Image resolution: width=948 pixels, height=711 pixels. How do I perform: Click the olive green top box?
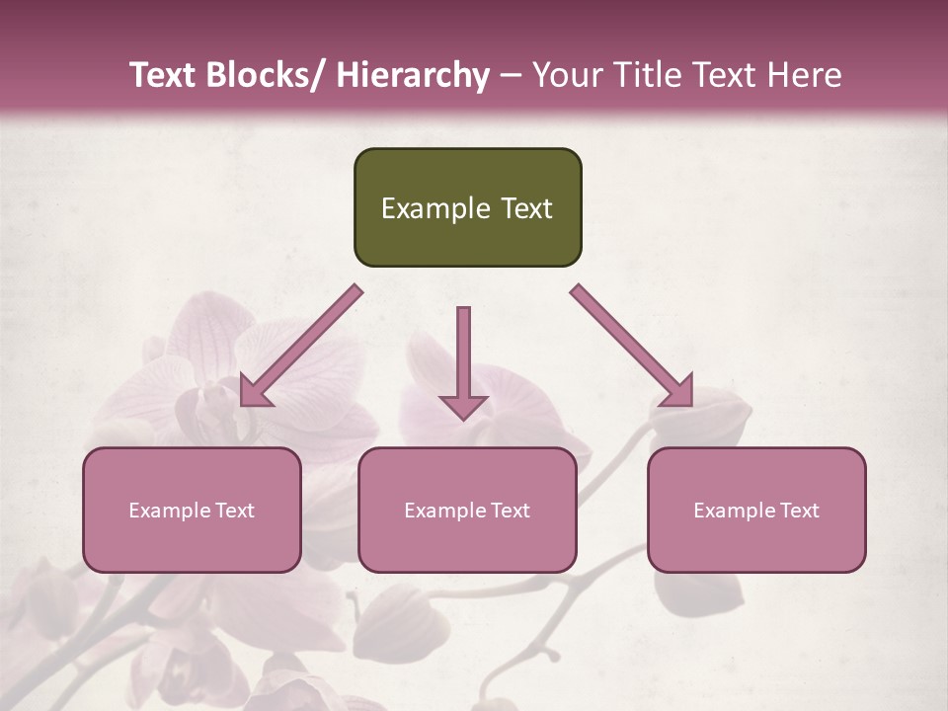click(467, 207)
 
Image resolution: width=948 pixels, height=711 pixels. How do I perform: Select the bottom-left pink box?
click(192, 510)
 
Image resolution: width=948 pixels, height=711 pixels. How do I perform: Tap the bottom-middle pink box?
click(467, 510)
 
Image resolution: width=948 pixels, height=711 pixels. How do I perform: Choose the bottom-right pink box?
click(756, 510)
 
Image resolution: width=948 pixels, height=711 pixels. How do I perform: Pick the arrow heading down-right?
click(632, 347)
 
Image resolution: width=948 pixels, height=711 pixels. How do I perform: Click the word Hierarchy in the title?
click(413, 75)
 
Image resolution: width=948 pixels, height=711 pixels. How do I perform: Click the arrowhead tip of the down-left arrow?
click(244, 404)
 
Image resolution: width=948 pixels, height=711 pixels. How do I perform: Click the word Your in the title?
click(566, 75)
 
